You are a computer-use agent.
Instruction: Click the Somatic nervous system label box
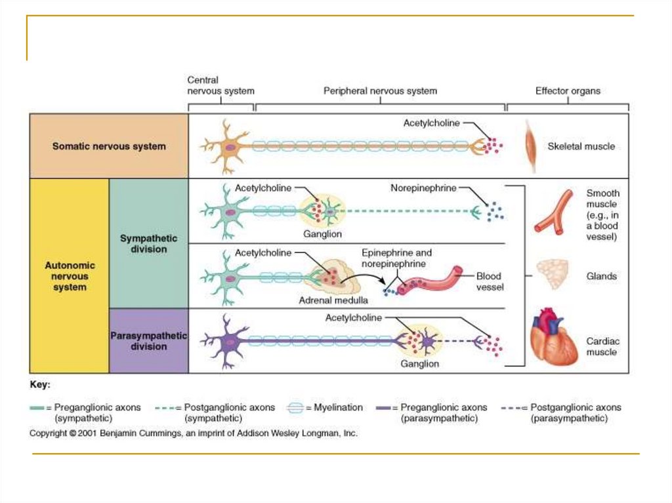(109, 146)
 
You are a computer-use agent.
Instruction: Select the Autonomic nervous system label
(70, 276)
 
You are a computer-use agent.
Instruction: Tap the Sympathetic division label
(148, 244)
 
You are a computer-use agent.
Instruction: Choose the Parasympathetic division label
(148, 340)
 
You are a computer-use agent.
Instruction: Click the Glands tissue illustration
(553, 274)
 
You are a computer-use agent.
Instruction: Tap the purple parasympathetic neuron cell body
(227, 340)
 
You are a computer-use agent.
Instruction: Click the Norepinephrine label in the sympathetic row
(423, 188)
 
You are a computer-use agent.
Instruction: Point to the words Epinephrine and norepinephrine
(396, 258)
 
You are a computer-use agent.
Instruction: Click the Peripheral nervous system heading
(380, 91)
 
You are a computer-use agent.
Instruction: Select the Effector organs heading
(568, 91)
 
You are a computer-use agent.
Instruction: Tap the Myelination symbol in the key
(296, 408)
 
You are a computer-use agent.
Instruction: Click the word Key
(40, 384)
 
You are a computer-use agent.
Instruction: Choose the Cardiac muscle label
(602, 346)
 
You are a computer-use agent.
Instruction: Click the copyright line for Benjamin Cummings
(194, 433)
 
